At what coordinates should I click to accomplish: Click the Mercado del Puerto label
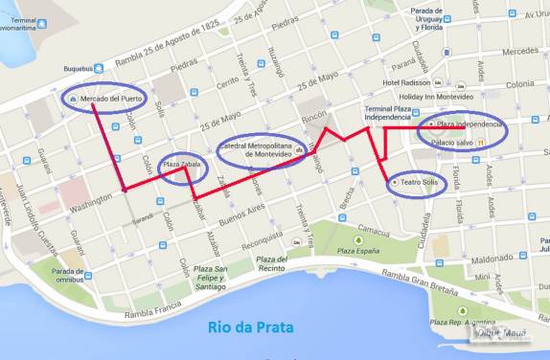pyautogui.click(x=110, y=99)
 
